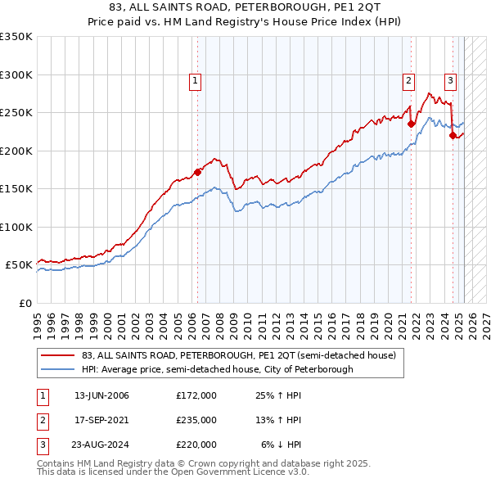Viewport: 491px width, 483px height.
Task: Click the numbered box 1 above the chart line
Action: click(x=196, y=80)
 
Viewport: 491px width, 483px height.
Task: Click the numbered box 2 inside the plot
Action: click(x=408, y=80)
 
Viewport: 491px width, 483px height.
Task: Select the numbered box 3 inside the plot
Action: click(x=450, y=80)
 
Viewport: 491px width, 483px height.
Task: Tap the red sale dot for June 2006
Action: click(x=197, y=172)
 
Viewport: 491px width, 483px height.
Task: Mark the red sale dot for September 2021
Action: click(x=411, y=124)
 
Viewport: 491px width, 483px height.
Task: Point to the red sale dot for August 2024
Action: click(x=452, y=136)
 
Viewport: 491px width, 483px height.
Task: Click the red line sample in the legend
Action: click(x=57, y=355)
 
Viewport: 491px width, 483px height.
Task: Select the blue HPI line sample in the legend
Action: click(x=57, y=369)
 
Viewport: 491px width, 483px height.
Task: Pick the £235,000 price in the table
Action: click(x=196, y=420)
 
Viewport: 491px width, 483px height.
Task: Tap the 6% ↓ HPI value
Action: click(x=282, y=445)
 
